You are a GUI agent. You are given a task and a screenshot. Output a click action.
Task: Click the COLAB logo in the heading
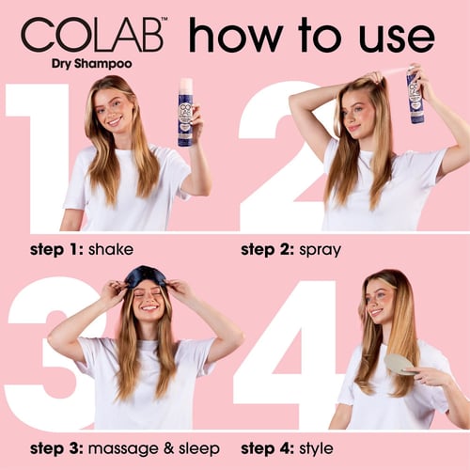coord(92,35)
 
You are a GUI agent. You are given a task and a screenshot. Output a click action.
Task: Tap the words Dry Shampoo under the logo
coord(92,64)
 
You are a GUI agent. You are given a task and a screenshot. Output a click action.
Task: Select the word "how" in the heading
coord(235,35)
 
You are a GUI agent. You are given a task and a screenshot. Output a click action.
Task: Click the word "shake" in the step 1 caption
coord(111,249)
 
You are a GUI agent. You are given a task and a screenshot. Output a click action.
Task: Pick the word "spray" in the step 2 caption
coord(320,251)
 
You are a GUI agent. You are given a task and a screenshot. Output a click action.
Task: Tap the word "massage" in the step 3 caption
coord(123,449)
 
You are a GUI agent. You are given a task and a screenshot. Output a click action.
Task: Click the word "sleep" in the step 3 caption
coord(199,448)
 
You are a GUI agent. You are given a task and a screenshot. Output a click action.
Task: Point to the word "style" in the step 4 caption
coord(316,449)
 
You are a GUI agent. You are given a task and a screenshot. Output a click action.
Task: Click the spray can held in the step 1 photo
coord(185,113)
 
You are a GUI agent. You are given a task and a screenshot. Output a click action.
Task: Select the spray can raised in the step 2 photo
coord(415,94)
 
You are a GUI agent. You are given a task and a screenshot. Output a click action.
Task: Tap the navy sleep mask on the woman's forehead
coord(147,274)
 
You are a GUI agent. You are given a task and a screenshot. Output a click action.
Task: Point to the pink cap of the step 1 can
coord(186,84)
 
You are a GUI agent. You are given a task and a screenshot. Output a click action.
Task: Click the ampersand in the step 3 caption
coord(169,448)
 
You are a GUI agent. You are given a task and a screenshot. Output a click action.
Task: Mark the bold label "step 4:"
coord(267,449)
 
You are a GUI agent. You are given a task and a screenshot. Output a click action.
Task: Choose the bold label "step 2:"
coord(267,250)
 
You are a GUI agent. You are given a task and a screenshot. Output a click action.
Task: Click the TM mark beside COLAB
coord(164,20)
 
